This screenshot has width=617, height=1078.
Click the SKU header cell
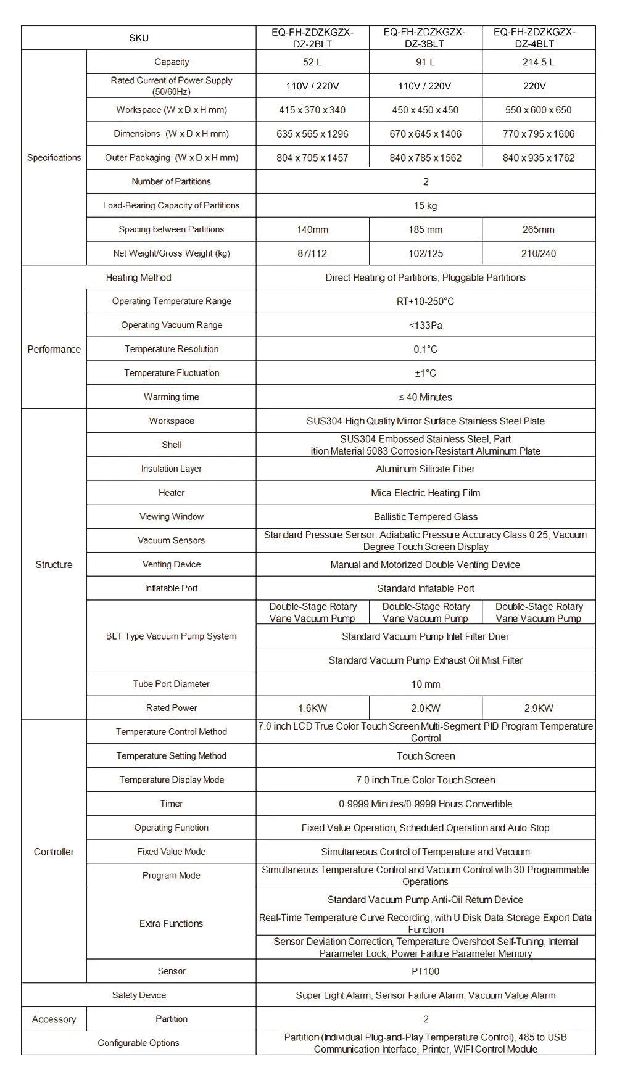139,38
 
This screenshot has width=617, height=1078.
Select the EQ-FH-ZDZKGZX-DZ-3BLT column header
425,38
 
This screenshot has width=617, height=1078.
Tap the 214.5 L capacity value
538,62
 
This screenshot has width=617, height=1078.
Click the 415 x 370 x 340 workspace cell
312,110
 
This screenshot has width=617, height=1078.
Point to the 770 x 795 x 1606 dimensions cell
538,134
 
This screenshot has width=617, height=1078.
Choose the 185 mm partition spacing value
425,230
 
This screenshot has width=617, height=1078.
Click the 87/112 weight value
312,253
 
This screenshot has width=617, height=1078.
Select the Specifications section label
54,158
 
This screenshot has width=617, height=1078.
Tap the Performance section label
54,349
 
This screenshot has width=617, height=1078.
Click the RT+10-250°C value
425,302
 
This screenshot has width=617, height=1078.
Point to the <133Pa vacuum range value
425,326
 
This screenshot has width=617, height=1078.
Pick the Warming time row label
172,397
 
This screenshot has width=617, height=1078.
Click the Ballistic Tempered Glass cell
425,517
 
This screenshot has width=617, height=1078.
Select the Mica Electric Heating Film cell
425,493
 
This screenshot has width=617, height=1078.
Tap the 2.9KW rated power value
538,709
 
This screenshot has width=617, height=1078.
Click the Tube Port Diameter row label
172,684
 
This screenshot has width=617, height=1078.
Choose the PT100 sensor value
425,971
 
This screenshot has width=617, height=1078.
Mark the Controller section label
54,852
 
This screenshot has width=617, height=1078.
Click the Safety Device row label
139,995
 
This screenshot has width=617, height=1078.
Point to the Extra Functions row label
172,923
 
